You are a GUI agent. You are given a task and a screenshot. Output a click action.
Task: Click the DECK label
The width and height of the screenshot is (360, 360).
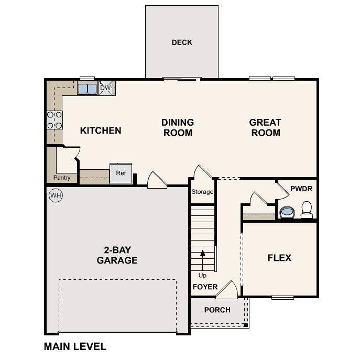click(182, 42)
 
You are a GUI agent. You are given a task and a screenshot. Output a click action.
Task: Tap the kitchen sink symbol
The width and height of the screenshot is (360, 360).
click(88, 88)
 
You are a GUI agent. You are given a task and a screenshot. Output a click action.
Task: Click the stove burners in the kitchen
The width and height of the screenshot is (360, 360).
click(54, 120)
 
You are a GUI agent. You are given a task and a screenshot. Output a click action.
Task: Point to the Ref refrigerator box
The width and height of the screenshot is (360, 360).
click(121, 173)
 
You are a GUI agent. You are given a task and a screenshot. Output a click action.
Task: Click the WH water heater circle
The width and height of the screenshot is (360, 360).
click(55, 195)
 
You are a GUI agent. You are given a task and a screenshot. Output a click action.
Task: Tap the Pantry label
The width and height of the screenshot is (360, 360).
click(61, 178)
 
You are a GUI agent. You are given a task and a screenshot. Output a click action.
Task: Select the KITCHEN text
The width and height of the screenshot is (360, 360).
click(101, 130)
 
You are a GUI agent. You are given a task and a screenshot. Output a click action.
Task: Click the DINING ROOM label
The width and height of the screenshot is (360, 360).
click(178, 127)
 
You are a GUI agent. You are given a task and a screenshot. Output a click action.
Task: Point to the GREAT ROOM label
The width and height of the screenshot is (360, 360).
click(265, 127)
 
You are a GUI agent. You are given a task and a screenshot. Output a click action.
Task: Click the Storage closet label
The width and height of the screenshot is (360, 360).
click(202, 192)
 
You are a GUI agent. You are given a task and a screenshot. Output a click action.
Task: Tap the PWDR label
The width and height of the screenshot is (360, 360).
click(301, 187)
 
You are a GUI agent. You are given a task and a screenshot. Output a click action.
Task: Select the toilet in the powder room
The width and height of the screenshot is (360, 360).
click(307, 210)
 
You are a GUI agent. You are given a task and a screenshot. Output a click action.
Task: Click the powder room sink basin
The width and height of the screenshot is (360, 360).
click(287, 212)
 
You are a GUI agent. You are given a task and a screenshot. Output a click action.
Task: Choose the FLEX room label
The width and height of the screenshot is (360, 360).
click(279, 258)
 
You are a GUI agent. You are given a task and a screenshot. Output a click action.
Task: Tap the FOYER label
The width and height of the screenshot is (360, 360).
click(205, 287)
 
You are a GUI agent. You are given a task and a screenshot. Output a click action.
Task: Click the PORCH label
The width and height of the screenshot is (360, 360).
click(217, 310)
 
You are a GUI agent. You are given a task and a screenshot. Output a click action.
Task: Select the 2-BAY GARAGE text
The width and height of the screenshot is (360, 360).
click(117, 255)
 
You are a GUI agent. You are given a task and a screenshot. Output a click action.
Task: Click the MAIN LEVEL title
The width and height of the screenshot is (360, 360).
click(75, 346)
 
